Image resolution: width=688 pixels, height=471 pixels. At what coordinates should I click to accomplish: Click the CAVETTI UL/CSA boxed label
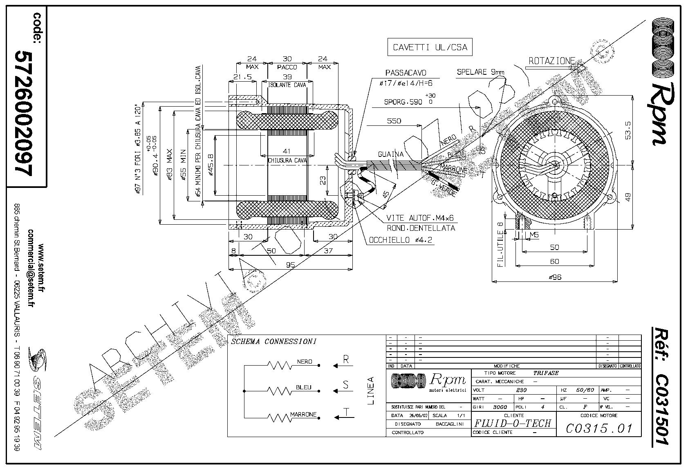(x=429, y=47)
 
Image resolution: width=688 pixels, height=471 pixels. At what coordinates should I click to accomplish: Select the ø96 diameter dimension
(x=555, y=277)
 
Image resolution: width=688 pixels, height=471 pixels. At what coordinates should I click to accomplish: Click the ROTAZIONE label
(x=551, y=61)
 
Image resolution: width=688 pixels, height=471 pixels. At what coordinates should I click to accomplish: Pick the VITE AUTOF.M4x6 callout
(x=419, y=218)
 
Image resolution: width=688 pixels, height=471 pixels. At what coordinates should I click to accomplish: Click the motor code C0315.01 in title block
(x=599, y=428)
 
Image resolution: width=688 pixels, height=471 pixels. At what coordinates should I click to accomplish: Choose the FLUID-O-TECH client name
(x=513, y=423)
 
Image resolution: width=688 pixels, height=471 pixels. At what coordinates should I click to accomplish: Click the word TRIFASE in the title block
(x=546, y=373)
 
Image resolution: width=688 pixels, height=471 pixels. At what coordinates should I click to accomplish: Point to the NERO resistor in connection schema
(x=280, y=365)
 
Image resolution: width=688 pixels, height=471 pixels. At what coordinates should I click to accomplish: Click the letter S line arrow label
(x=346, y=385)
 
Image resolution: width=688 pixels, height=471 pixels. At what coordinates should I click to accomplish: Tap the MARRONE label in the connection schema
(x=303, y=414)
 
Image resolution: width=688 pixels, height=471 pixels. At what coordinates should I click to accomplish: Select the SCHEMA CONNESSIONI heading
(x=273, y=342)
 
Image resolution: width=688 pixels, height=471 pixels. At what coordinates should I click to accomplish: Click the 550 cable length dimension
(x=394, y=121)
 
